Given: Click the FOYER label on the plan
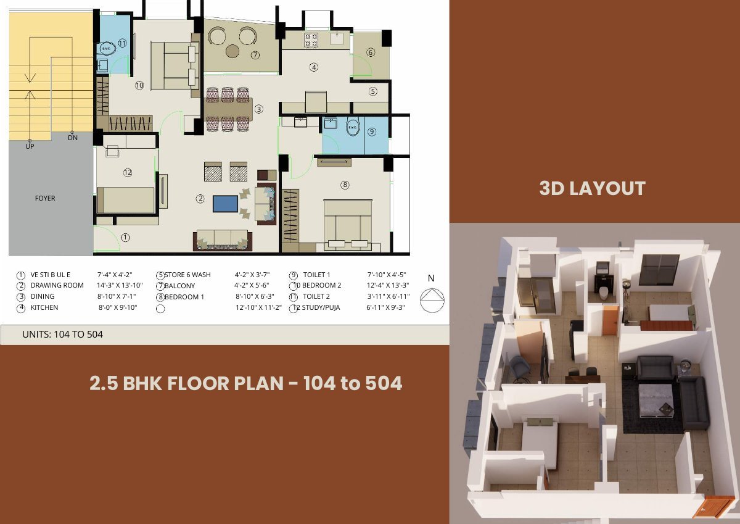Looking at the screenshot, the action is point(45,198).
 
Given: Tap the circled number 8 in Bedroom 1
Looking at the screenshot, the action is point(345,185).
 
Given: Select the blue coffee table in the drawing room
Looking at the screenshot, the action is point(225,204).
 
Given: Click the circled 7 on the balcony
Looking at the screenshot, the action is point(255,55).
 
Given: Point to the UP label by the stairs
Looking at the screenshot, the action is point(30,146).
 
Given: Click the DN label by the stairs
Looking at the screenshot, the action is point(73,138).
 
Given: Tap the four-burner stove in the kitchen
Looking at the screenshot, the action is point(311,40).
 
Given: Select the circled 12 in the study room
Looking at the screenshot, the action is point(128,172).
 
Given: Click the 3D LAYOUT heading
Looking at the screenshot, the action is point(593,188).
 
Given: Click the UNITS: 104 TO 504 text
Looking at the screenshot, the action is point(62,335).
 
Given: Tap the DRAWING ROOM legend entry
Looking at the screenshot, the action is point(57,285).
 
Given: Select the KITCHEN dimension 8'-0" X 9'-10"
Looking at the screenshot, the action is point(118,307).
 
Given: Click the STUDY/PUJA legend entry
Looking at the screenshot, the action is point(321,307).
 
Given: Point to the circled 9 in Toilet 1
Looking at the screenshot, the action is point(372,131).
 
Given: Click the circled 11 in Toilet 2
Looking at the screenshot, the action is point(122,43).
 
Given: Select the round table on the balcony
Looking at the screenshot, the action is point(232,51).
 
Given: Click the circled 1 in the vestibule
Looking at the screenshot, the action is point(125,238).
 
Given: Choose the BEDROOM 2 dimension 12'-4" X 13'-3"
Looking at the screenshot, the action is point(388,285).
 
